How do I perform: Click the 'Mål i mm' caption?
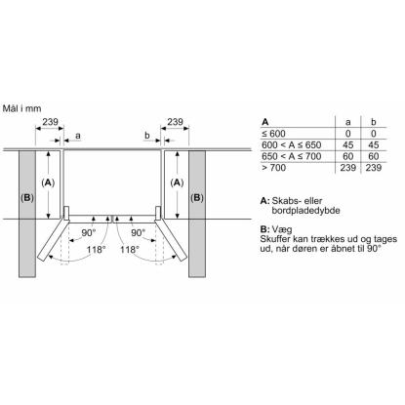tap(21, 108)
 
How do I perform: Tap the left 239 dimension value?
tap(50, 122)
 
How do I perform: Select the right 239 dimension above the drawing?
tap(175, 122)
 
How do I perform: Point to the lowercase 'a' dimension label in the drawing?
tap(78, 136)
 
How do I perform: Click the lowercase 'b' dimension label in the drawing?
tap(147, 135)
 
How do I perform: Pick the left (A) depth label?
tap(48, 182)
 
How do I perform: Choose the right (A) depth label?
tap(177, 182)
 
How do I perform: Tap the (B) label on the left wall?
tap(27, 197)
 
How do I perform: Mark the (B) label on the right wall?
tap(197, 197)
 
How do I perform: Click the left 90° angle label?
tap(89, 232)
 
